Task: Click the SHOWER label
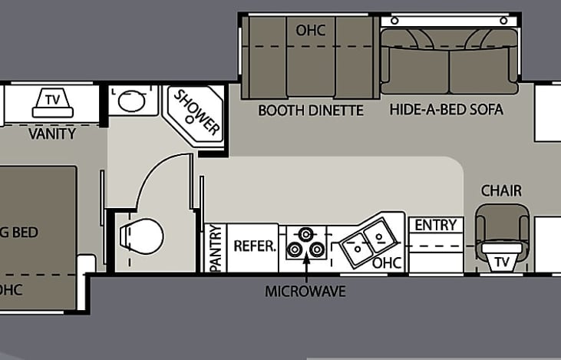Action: [198, 113]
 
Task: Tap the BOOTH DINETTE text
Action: [310, 110]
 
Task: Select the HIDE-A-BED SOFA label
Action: [446, 110]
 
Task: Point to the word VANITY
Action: [52, 134]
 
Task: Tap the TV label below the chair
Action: [502, 262]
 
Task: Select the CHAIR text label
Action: [501, 190]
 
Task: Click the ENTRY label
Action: [435, 226]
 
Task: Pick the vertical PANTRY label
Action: [216, 248]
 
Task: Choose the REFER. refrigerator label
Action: [254, 246]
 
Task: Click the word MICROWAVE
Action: [305, 292]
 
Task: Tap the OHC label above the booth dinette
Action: [311, 30]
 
